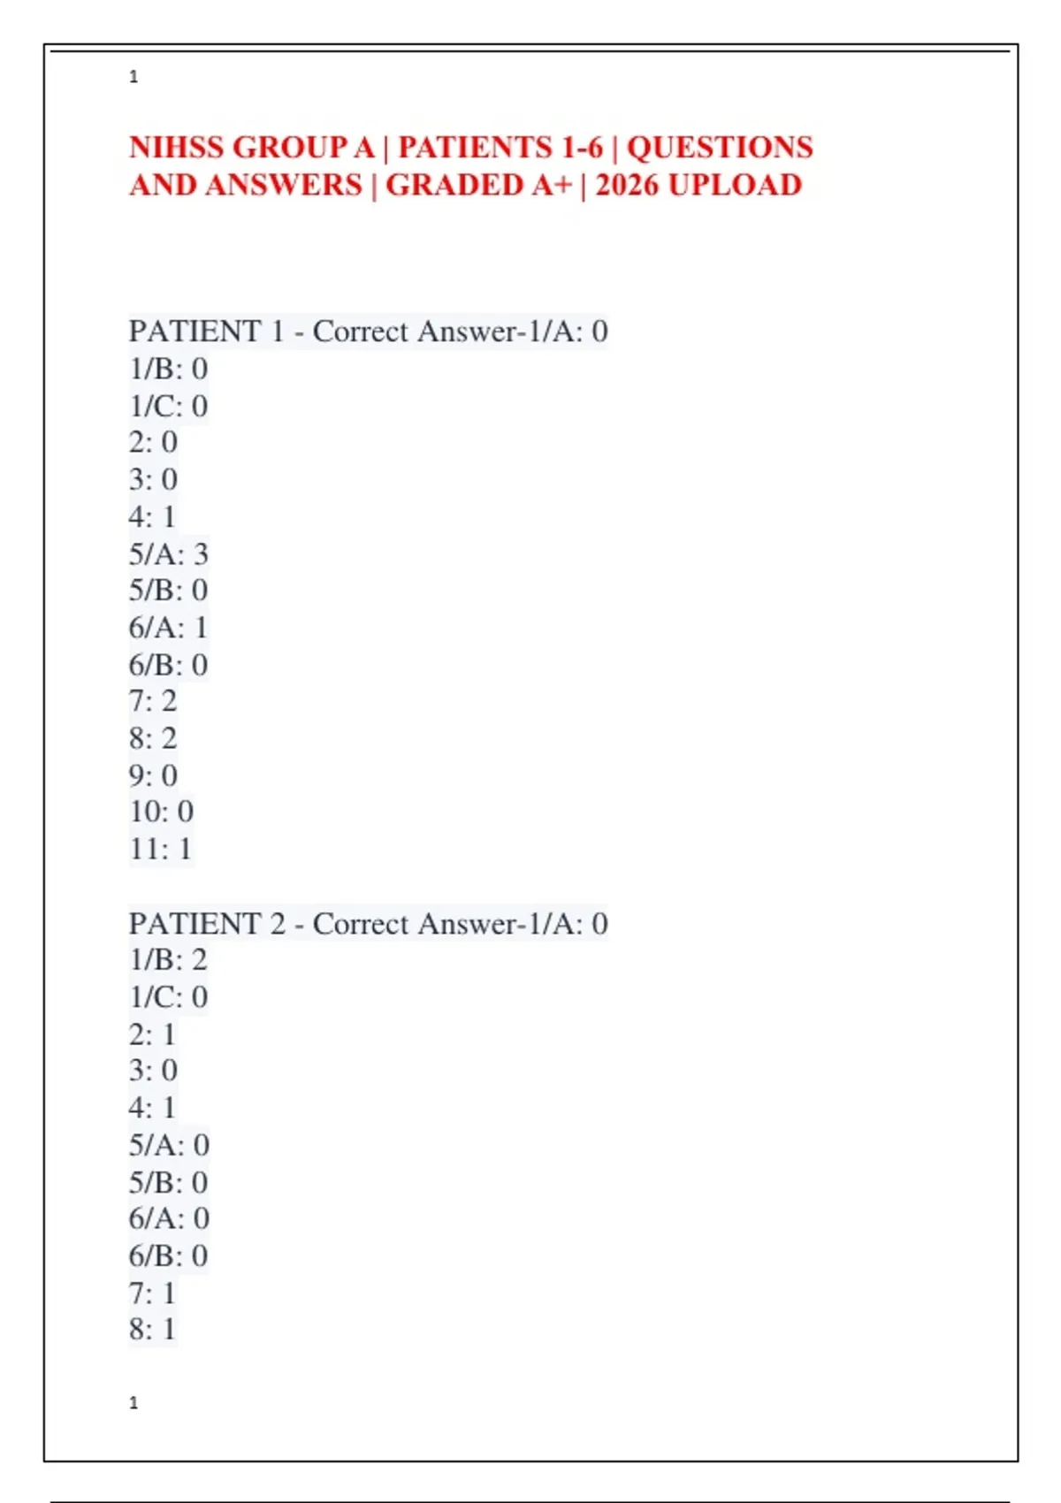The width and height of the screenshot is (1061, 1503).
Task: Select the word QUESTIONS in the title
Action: click(720, 147)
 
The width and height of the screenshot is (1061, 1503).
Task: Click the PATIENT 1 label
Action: click(206, 332)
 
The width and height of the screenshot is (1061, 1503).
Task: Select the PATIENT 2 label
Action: click(206, 924)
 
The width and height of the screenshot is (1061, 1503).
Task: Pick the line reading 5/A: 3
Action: click(168, 554)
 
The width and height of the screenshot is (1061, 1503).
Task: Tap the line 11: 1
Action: click(160, 849)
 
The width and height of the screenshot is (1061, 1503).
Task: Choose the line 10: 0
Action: click(161, 812)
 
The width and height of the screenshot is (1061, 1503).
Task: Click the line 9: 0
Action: click(153, 775)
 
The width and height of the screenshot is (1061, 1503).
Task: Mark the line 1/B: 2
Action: click(168, 960)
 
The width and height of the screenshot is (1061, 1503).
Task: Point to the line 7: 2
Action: click(153, 701)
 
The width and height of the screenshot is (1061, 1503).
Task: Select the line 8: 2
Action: click(153, 738)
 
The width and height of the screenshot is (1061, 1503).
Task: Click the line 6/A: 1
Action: click(168, 628)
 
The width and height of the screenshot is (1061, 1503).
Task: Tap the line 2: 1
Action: click(152, 1034)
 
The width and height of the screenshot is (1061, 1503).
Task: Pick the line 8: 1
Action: click(152, 1329)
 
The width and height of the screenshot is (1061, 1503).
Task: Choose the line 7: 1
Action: click(152, 1293)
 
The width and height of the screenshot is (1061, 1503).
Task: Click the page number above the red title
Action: click(134, 77)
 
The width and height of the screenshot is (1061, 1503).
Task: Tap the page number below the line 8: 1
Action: click(134, 1403)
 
